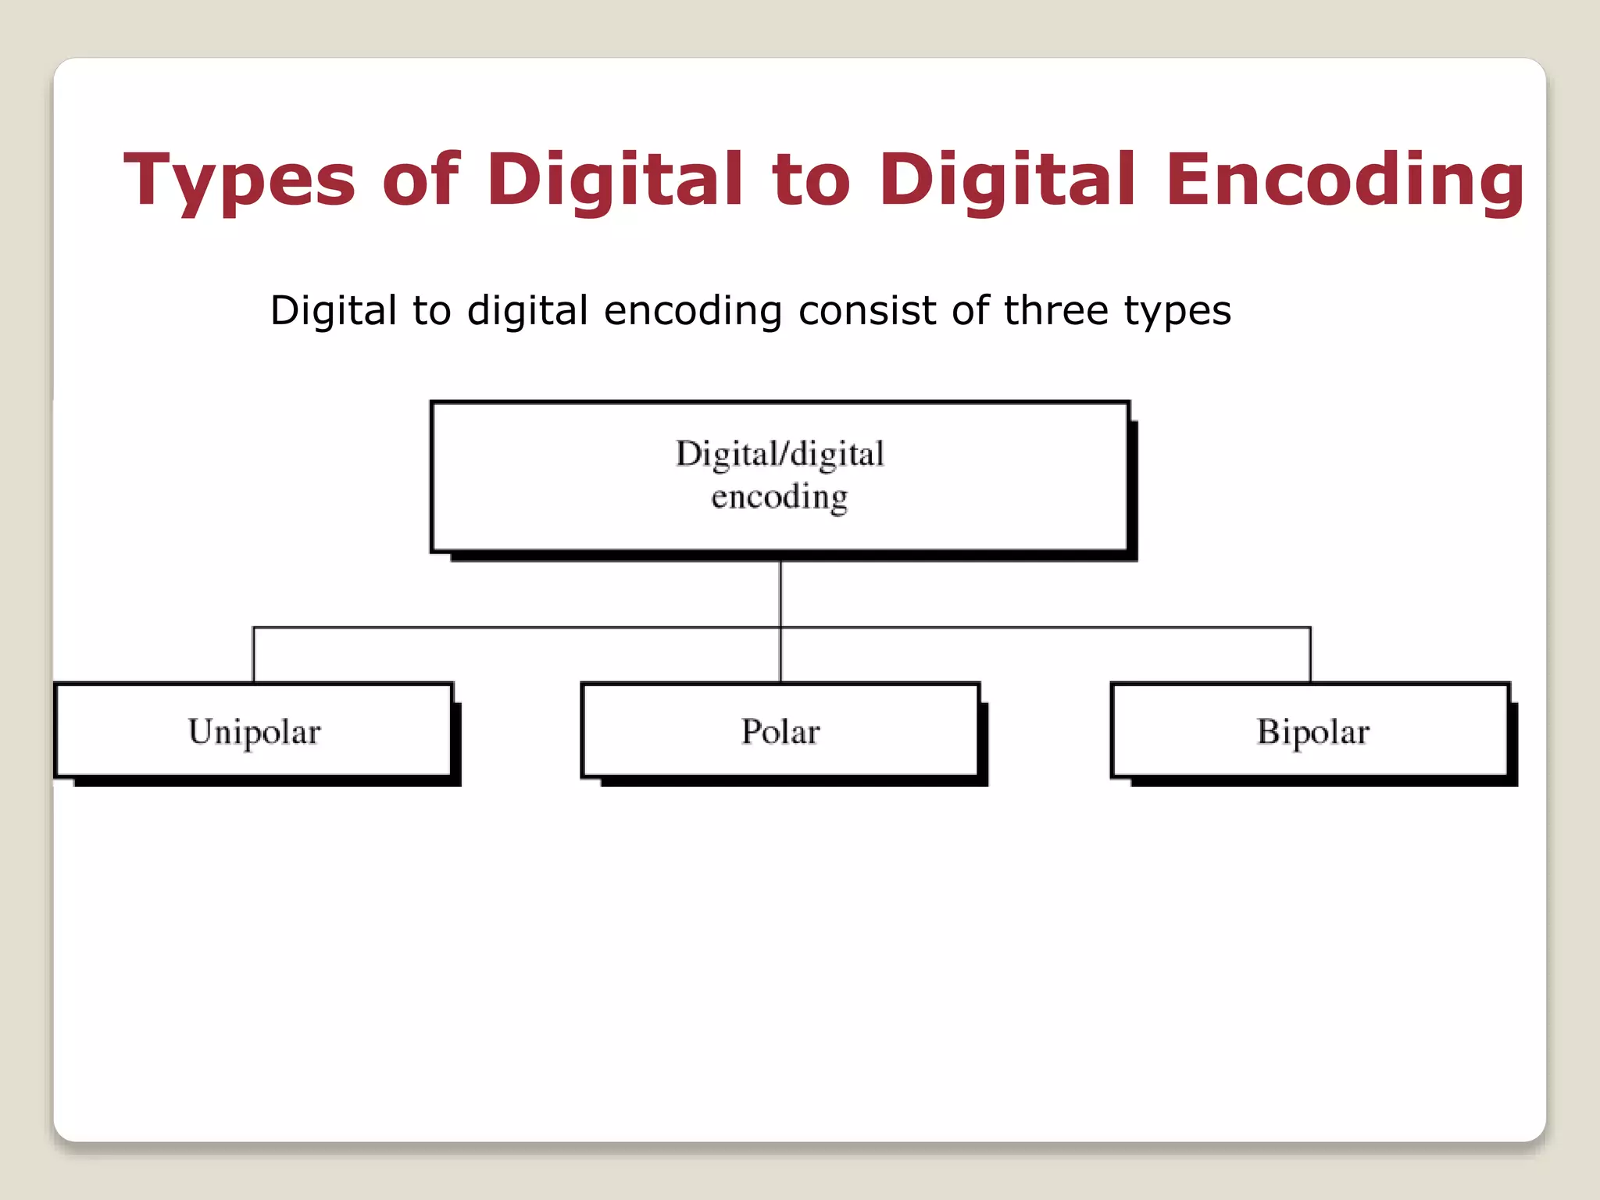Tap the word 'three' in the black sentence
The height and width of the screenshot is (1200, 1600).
[1055, 311]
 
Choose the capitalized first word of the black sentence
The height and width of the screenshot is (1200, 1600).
[334, 311]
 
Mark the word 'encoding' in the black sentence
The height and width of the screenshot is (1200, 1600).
[692, 311]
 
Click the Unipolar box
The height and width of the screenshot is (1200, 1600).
[255, 730]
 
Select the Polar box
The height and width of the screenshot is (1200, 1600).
[780, 730]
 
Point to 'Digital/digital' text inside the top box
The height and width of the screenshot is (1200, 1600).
[780, 454]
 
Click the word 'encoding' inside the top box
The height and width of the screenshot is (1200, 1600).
[780, 497]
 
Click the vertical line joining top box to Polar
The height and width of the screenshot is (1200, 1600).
[780, 594]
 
